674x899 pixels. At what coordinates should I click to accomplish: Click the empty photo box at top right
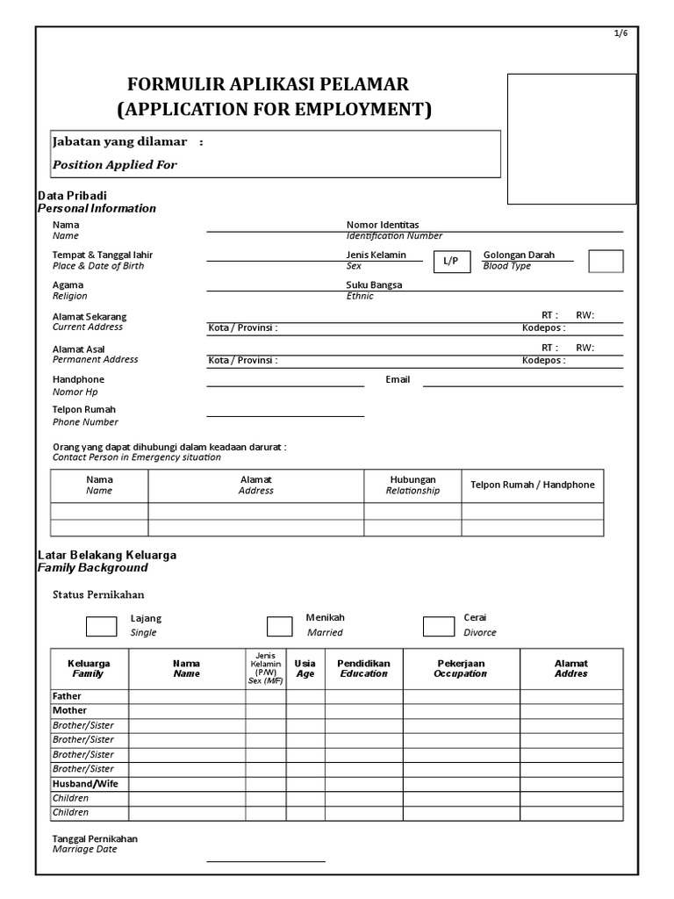(571, 139)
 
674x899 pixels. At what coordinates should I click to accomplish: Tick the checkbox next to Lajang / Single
(101, 626)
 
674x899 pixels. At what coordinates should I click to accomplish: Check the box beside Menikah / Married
(280, 626)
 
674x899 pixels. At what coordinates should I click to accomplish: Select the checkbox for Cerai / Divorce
(438, 626)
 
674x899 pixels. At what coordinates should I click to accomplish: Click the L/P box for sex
(450, 262)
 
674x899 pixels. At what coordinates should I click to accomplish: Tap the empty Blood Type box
(606, 261)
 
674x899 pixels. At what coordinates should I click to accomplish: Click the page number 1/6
(620, 33)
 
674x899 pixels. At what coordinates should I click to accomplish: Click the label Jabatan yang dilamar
(119, 141)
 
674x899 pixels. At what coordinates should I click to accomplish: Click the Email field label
(398, 379)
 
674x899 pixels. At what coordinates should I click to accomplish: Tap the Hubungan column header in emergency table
(412, 479)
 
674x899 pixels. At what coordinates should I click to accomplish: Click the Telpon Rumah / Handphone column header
(532, 485)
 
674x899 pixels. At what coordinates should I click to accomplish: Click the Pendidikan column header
(364, 664)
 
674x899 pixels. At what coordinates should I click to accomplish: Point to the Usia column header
(305, 664)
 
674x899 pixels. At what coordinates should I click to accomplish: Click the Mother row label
(69, 710)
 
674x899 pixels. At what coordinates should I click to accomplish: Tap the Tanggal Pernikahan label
(95, 838)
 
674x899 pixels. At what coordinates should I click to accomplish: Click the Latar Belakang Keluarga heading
(107, 555)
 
